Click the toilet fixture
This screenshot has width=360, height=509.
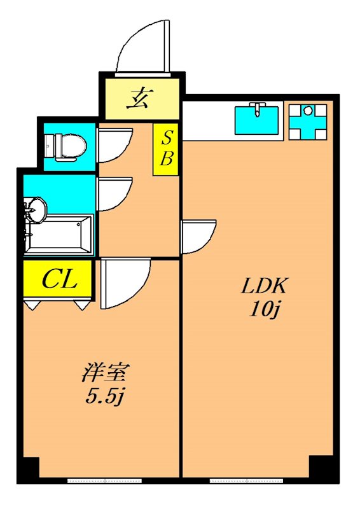[x=64, y=145]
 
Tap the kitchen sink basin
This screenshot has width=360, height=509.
[x=257, y=120]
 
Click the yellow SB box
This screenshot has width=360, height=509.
[x=166, y=149]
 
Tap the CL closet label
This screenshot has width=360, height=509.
[x=59, y=279]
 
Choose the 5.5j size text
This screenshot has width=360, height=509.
[x=106, y=398]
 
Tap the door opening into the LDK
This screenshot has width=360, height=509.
[x=198, y=235]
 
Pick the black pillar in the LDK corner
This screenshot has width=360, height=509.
[x=322, y=470]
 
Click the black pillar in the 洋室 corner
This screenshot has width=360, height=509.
[x=29, y=470]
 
